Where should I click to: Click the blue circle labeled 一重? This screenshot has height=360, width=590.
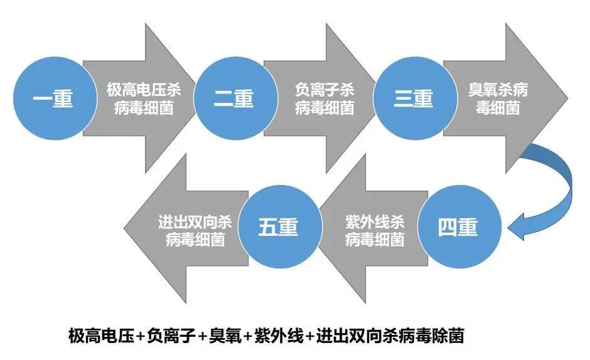pyautogui.click(x=53, y=98)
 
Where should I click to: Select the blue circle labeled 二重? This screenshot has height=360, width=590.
pyautogui.click(x=233, y=98)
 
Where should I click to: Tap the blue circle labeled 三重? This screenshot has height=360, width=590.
pyautogui.click(x=414, y=98)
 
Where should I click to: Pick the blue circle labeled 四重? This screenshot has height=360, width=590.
pyautogui.click(x=458, y=228)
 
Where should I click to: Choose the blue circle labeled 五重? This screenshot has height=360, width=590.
pyautogui.click(x=278, y=228)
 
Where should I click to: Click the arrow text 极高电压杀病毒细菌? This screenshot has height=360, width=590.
pyautogui.click(x=144, y=98)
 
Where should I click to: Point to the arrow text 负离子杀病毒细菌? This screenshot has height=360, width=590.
pyautogui.click(x=324, y=98)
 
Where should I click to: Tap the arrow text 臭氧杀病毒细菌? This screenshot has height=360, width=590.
pyautogui.click(x=498, y=98)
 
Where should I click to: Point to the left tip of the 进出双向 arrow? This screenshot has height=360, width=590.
pyautogui.click(x=125, y=226)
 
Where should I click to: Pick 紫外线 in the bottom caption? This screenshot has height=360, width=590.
pyautogui.click(x=279, y=336)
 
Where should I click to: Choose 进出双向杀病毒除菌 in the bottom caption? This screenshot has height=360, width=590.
pyautogui.click(x=390, y=336)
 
